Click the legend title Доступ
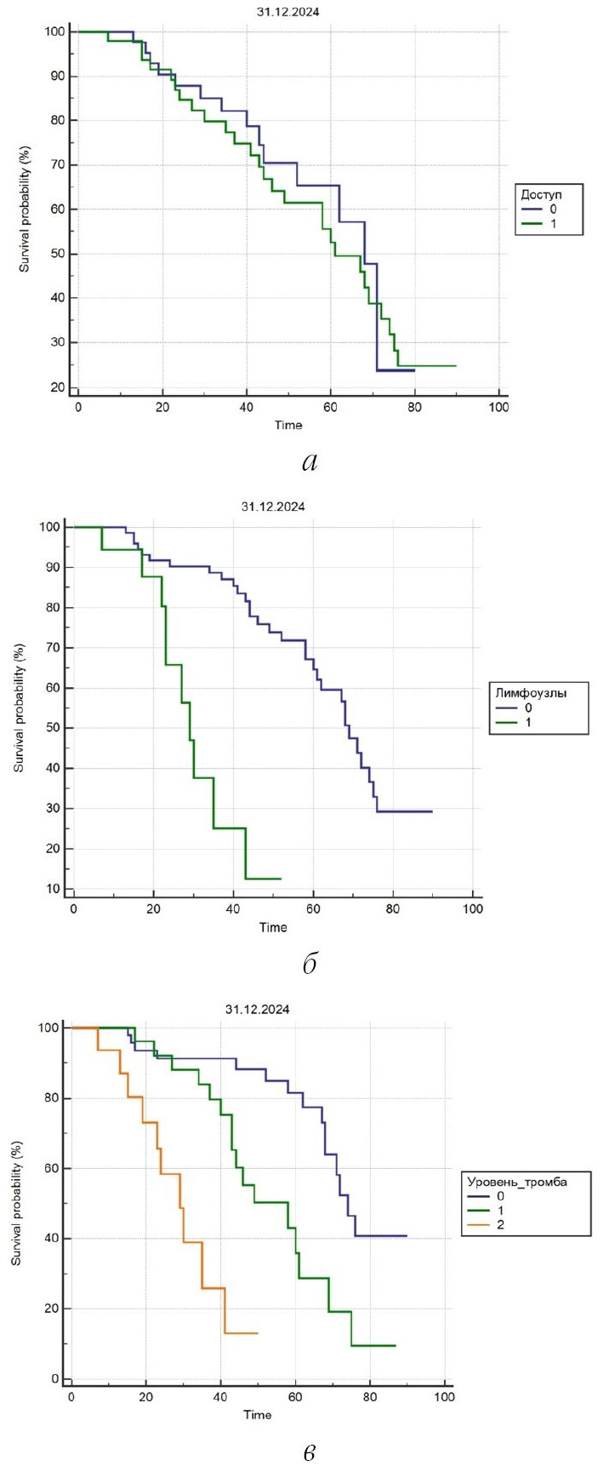point(540,195)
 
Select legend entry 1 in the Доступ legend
point(555,225)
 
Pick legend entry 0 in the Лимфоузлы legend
point(528,709)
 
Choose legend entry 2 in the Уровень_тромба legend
point(501,1225)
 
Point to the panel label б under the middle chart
point(310,964)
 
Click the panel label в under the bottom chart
point(310,1452)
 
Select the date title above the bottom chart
point(258,1010)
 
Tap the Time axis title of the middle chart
point(273,927)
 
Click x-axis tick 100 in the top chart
point(498,408)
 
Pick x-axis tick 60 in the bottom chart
point(295,1396)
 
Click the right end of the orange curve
point(257,1332)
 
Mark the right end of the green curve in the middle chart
point(281,879)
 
